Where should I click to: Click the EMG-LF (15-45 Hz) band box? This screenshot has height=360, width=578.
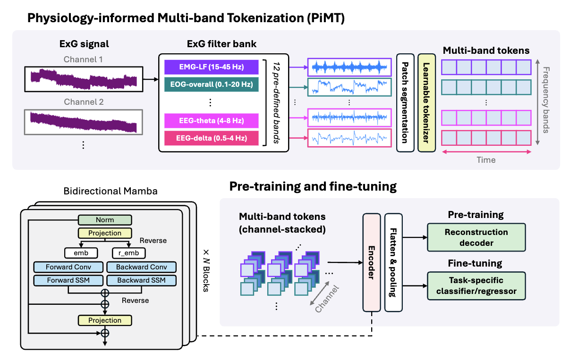click(x=212, y=67)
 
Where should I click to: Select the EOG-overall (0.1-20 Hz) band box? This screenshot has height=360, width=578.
click(x=212, y=84)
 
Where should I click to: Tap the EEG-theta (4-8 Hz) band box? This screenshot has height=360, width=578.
click(x=212, y=121)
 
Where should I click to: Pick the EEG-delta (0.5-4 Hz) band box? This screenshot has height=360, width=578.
click(x=212, y=138)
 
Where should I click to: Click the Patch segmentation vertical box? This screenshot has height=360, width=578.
click(x=405, y=103)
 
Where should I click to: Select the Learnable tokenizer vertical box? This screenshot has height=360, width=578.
click(x=426, y=103)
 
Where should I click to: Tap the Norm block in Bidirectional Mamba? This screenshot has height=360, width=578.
click(x=105, y=220)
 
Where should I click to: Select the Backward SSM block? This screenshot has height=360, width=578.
click(x=142, y=280)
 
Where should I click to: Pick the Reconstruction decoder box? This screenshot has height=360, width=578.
click(x=476, y=238)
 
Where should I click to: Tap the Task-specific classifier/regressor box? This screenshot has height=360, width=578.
click(x=476, y=285)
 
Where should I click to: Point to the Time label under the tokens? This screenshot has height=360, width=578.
click(x=486, y=160)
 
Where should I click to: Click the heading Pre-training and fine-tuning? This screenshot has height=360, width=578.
click(x=313, y=186)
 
